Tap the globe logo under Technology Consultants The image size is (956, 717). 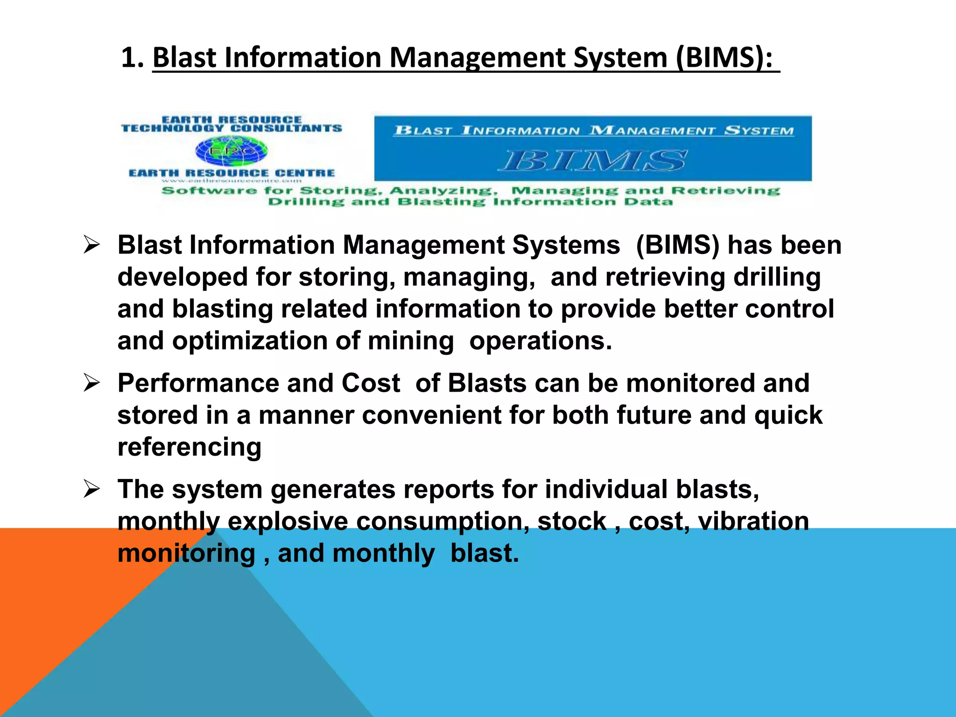click(232, 151)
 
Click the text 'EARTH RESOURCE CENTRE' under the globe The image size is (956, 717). click(232, 173)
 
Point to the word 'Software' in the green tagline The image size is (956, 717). click(209, 190)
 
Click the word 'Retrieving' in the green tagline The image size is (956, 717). click(725, 190)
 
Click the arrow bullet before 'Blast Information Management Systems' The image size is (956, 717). click(91, 245)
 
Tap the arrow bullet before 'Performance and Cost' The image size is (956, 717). click(91, 383)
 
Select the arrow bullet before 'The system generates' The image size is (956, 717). click(91, 489)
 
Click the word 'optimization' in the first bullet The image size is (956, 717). click(249, 341)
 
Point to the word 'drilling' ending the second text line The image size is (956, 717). click(777, 277)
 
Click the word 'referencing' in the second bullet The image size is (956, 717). click(189, 447)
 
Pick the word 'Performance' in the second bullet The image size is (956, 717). click(198, 383)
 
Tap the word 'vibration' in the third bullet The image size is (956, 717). click(753, 521)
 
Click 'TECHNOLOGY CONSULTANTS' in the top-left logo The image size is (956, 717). click(232, 128)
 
